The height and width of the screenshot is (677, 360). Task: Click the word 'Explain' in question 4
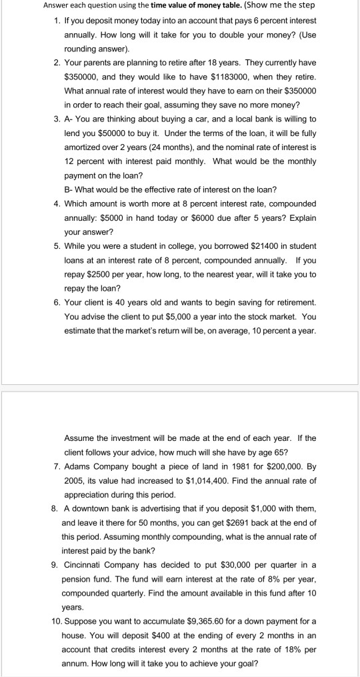pos(301,219)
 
